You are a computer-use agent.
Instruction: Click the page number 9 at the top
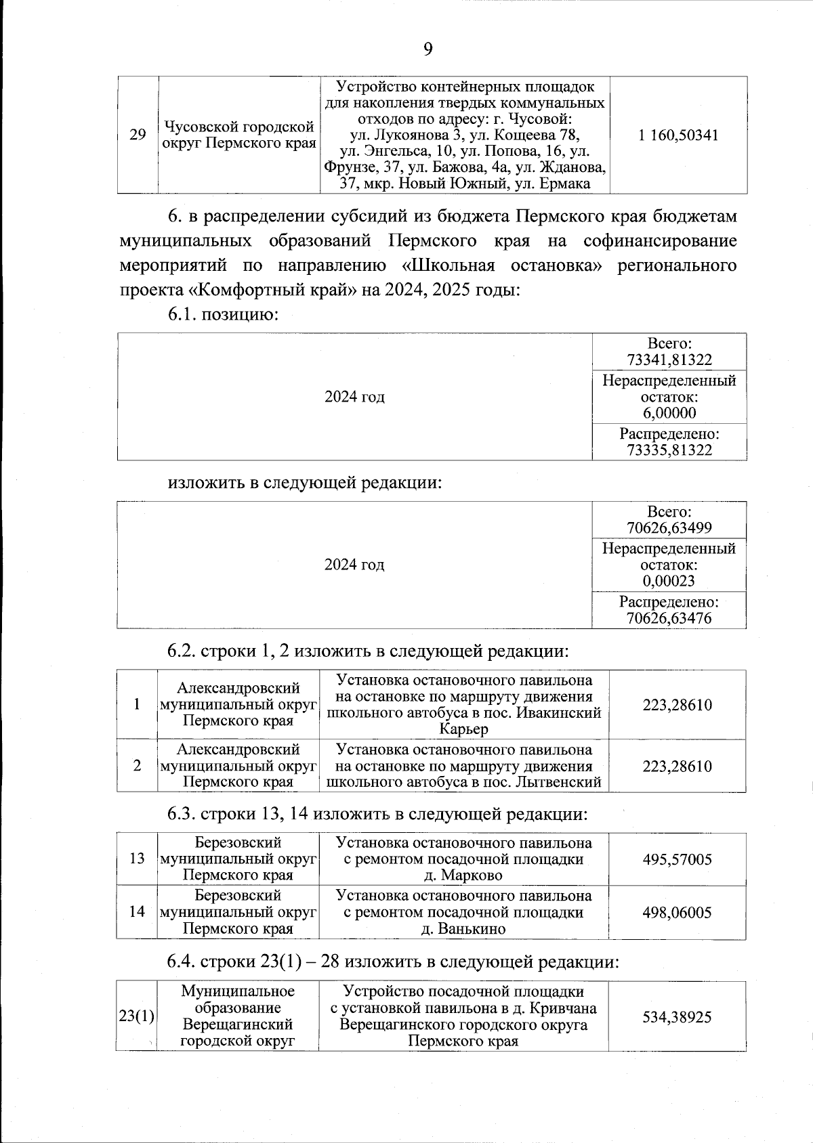(x=428, y=48)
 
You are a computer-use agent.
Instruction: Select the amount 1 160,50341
(x=678, y=135)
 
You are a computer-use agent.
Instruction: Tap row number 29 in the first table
(x=138, y=135)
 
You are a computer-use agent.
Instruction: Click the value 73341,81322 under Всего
(x=669, y=360)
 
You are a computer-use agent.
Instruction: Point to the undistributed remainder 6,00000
(x=669, y=413)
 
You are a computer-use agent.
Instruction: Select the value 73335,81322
(x=669, y=450)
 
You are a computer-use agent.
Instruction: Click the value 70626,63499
(x=669, y=528)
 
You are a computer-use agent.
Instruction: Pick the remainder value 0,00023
(x=669, y=581)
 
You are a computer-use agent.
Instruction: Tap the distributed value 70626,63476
(x=669, y=618)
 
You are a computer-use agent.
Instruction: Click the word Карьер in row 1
(x=463, y=729)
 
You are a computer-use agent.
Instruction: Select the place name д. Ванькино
(x=463, y=928)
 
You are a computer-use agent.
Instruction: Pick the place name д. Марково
(x=463, y=876)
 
